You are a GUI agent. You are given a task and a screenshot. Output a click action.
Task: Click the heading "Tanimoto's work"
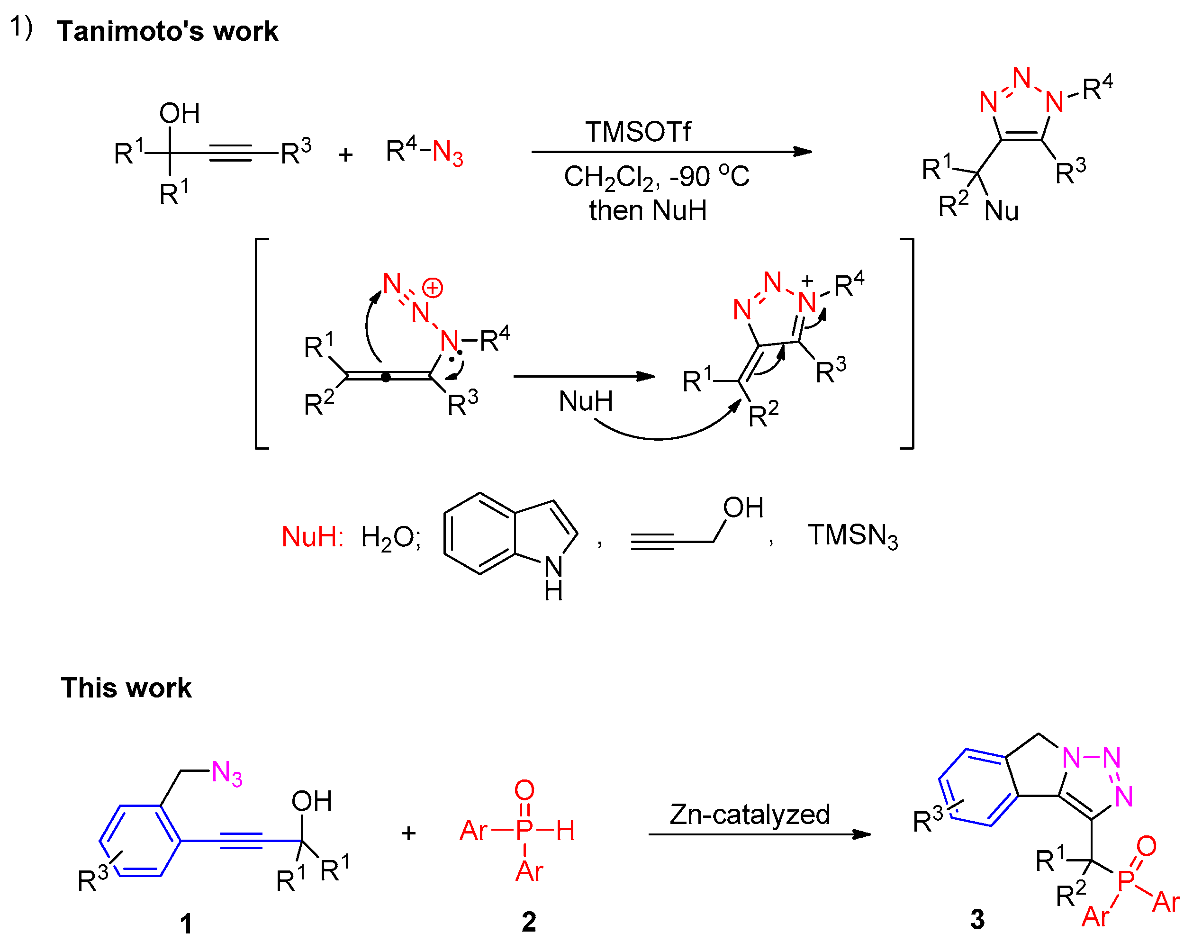pos(167,31)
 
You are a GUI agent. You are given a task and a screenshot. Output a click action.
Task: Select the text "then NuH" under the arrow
pos(647,211)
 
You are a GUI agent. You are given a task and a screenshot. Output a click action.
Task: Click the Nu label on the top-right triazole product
pos(1001,211)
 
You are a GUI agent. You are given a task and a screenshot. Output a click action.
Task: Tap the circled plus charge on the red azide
pos(432,288)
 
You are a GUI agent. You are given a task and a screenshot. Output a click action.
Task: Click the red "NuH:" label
pos(313,536)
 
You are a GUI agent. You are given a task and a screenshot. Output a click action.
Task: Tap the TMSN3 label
pos(852,536)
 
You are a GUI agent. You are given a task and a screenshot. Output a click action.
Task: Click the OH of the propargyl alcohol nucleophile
pos(742,507)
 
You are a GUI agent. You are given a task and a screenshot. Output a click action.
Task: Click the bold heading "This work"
pos(126,688)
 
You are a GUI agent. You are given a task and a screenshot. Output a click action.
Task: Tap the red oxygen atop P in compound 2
pos(524,790)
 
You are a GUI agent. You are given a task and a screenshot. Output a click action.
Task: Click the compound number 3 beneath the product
pos(977,919)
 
